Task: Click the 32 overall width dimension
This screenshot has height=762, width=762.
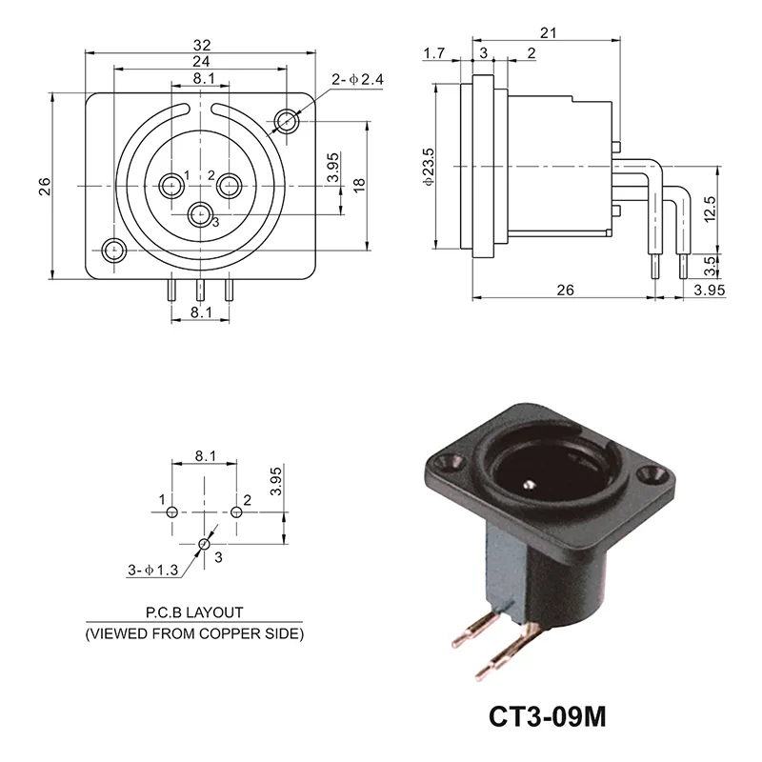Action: (201, 45)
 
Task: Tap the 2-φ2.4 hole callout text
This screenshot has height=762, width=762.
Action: (357, 80)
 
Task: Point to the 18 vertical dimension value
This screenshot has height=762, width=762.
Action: (359, 187)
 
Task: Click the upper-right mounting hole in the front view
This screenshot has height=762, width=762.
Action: (288, 121)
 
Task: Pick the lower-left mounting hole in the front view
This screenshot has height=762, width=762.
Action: (114, 251)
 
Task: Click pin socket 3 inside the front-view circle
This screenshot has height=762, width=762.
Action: (200, 214)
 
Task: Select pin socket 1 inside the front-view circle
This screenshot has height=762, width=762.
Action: (171, 184)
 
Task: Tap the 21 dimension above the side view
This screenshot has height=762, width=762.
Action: (547, 32)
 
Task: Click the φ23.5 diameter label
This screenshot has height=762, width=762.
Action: (430, 167)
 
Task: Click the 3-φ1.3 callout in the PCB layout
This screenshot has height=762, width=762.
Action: (153, 571)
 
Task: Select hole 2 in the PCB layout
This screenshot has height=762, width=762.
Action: (237, 512)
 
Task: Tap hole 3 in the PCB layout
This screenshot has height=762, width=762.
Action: (204, 545)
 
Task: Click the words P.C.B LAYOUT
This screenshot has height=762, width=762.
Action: (194, 612)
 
